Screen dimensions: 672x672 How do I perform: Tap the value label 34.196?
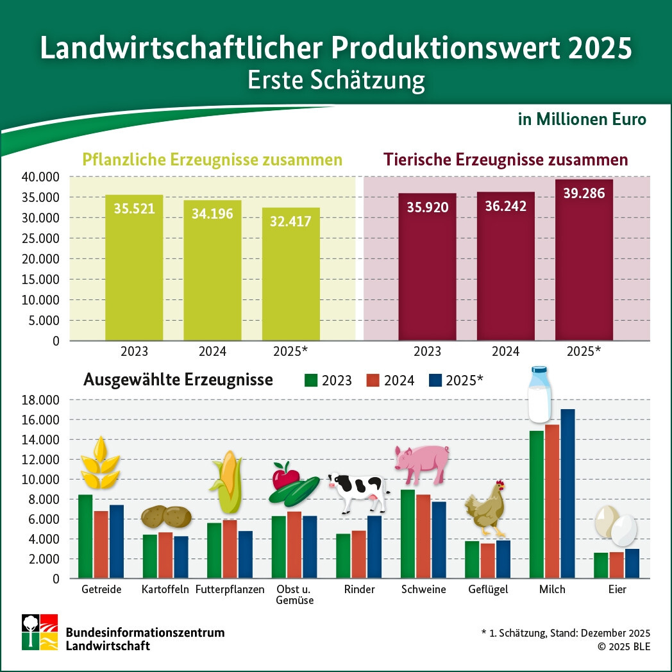pos(212,214)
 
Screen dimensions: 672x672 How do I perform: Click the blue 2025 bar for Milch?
pos(567,494)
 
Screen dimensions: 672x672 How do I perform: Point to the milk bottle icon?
pos(539,394)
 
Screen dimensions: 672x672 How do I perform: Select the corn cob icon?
pos(226,482)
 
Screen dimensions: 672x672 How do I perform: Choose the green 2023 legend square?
pos(311,380)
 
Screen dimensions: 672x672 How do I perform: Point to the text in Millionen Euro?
pos(582,120)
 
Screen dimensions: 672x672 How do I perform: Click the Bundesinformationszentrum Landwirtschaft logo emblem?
pos(40,632)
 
